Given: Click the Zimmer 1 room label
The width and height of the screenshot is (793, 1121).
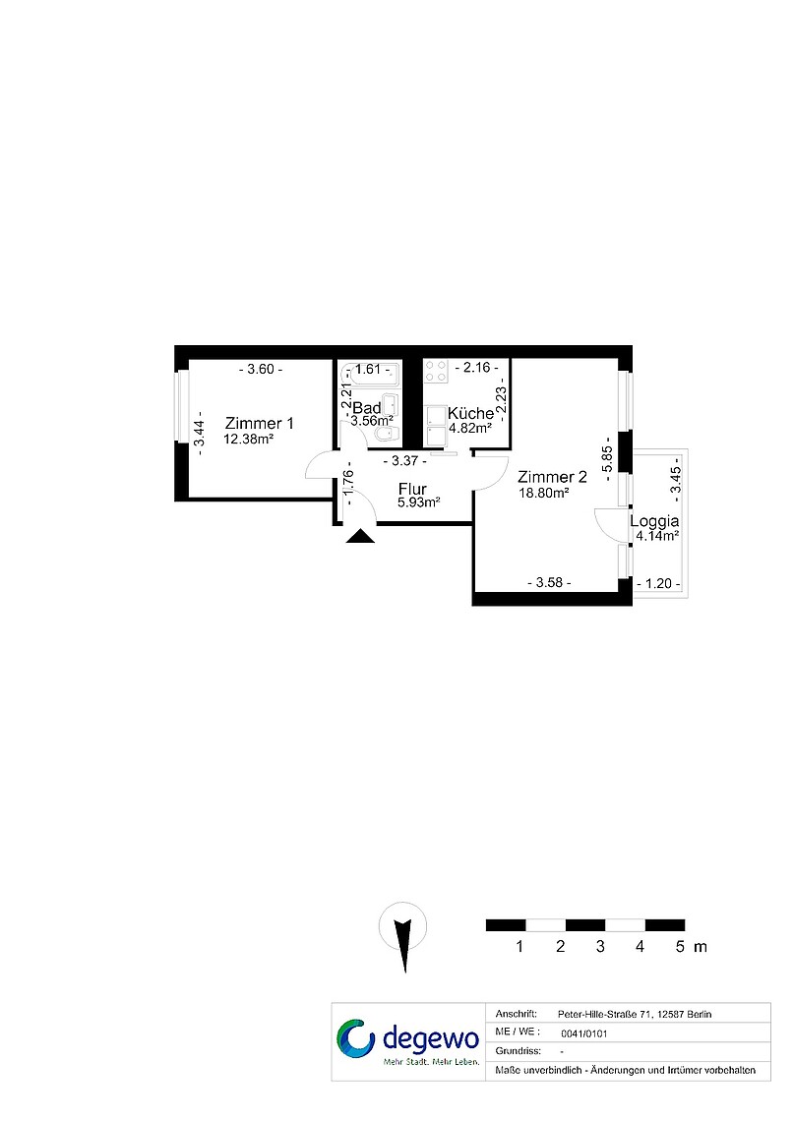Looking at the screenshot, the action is (x=259, y=423).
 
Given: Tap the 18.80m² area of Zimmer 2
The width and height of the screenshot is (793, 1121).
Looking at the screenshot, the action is (x=543, y=493).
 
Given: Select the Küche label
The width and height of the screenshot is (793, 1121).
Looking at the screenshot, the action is (x=470, y=413).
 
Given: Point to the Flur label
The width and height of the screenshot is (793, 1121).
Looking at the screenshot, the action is (x=412, y=489).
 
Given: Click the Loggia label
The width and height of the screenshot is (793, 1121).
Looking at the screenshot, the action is (x=654, y=522).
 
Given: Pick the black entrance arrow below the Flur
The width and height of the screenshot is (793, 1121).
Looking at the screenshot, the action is (x=360, y=536).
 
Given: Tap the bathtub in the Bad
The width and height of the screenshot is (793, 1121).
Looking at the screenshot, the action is (x=370, y=375).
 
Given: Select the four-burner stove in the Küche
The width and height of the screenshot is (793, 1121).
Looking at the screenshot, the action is (x=436, y=371).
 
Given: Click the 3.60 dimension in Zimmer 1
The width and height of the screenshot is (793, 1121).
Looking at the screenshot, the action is (x=261, y=370).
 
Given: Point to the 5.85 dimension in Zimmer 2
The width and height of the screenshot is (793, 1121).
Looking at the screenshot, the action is (x=607, y=459).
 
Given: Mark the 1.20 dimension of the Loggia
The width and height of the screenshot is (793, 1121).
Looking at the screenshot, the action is (x=658, y=583).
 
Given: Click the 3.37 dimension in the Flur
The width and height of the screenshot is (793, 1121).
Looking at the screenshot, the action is (x=404, y=461).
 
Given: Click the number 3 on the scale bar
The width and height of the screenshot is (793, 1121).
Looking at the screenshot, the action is (x=600, y=947).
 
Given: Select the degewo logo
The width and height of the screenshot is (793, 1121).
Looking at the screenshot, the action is (x=408, y=1041).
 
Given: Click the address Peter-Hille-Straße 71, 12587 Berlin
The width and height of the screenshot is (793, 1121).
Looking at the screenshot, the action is (x=635, y=1014).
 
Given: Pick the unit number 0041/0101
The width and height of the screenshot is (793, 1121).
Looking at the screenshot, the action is (x=584, y=1033).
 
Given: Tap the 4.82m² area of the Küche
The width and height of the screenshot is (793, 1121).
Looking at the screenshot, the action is (x=469, y=428).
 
